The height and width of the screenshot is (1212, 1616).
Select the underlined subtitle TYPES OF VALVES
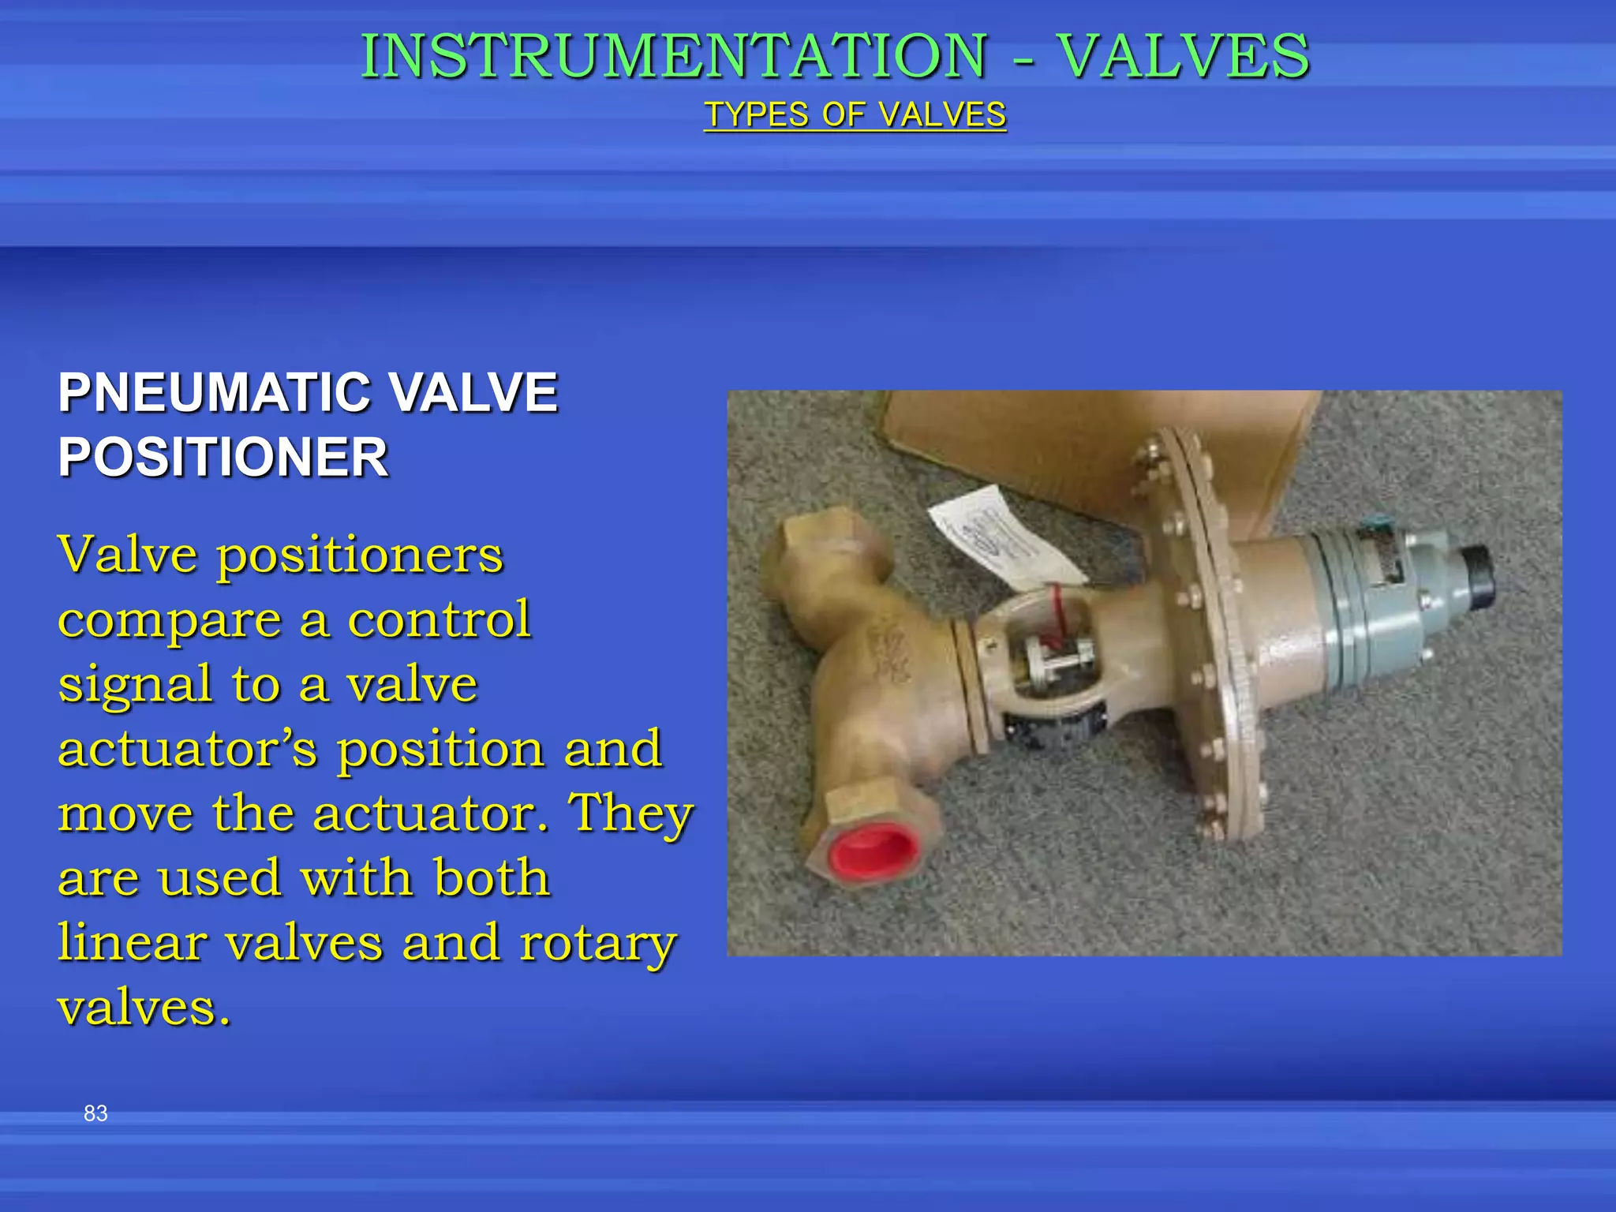pyautogui.click(x=855, y=115)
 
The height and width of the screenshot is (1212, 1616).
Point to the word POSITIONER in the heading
pyautogui.click(x=223, y=458)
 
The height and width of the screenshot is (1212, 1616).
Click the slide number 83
pyautogui.click(x=95, y=1113)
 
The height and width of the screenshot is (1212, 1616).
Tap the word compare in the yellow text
pyautogui.click(x=170, y=621)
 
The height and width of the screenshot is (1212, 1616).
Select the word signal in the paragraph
pyautogui.click(x=135, y=685)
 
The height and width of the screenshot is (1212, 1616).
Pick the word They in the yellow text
pyautogui.click(x=631, y=814)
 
